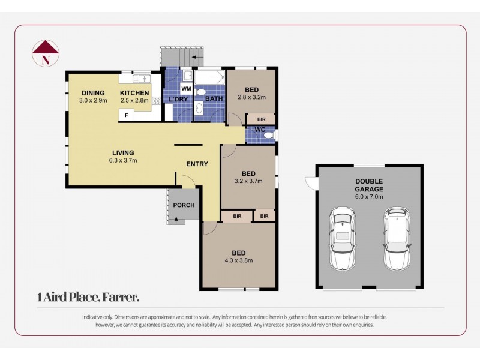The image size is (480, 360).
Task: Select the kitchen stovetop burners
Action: click(156, 101)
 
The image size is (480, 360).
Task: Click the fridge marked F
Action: click(126, 114)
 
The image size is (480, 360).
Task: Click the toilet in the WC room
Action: click(268, 136)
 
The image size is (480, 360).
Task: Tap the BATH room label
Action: click(214, 98)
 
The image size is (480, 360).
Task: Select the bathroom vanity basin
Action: click(199, 109)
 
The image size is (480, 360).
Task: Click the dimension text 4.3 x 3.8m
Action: click(238, 260)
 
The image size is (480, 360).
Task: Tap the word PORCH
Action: click(184, 205)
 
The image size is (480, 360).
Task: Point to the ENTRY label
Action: click(197, 164)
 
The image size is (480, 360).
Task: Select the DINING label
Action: click(93, 93)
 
